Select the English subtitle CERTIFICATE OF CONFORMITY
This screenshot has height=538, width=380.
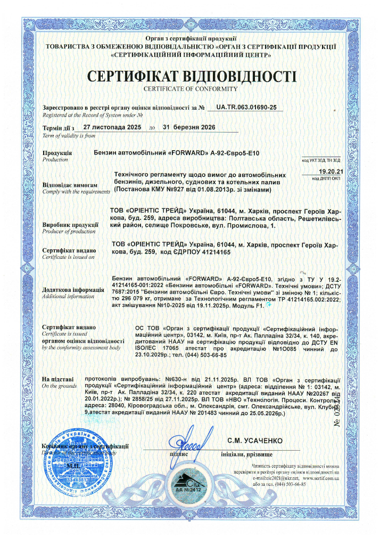(190, 88)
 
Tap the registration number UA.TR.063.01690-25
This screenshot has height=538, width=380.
(244, 107)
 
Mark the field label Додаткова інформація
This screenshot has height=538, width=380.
(73, 290)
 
